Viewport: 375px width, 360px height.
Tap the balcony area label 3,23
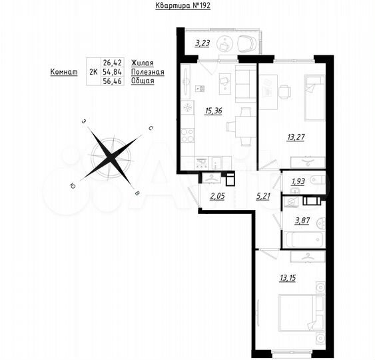pyautogui.click(x=202, y=45)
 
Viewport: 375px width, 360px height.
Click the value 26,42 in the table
pyautogui.click(x=113, y=61)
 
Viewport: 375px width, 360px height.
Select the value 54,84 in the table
pyautogui.click(x=113, y=71)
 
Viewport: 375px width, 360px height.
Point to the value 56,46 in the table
pyautogui.click(x=113, y=81)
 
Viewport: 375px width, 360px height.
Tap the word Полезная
pyautogui.click(x=147, y=71)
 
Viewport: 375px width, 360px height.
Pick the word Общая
pyautogui.click(x=143, y=81)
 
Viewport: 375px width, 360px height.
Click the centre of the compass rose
pyautogui.click(x=112, y=157)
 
